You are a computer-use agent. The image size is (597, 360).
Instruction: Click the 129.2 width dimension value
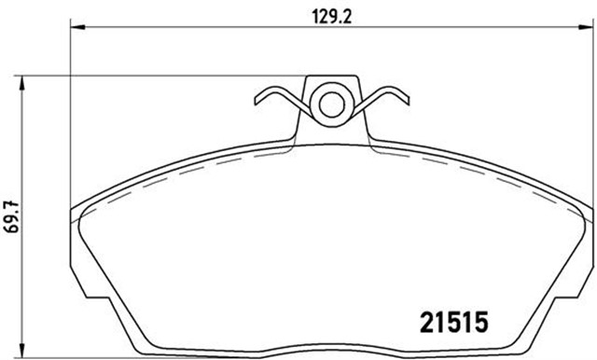pyautogui.click(x=332, y=17)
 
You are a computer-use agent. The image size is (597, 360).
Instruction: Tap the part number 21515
pyautogui.click(x=453, y=322)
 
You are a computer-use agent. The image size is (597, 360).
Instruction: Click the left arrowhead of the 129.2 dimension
pyautogui.click(x=77, y=27)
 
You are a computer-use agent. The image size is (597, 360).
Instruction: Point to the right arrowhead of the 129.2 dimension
pyautogui.click(x=587, y=27)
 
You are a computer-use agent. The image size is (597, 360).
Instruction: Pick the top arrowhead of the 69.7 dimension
pyautogui.click(x=22, y=83)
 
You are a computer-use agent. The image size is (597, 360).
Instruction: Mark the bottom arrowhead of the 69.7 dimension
pyautogui.click(x=22, y=352)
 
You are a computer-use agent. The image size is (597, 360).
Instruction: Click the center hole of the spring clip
pyautogui.click(x=331, y=105)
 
